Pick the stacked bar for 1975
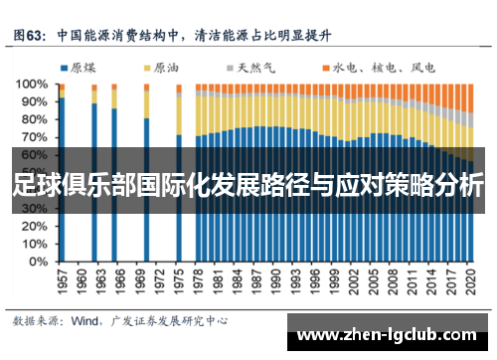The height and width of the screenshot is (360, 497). (x=179, y=219)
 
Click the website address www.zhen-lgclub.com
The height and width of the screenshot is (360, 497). (x=392, y=335)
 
